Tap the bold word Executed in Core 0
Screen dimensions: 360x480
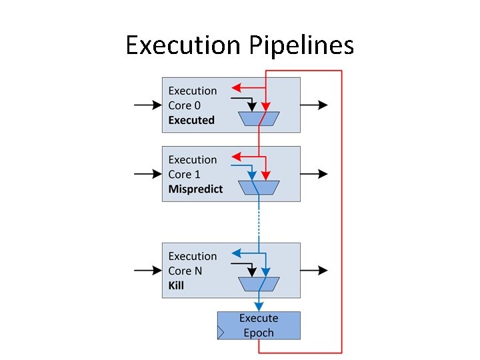(x=191, y=121)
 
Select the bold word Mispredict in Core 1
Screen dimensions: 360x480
(x=195, y=189)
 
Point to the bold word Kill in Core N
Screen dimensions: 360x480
(x=176, y=285)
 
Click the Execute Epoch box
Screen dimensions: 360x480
(x=259, y=325)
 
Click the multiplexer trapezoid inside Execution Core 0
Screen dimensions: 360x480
(x=259, y=119)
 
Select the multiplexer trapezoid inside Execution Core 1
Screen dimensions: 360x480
(x=259, y=188)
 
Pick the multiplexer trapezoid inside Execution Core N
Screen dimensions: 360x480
(x=259, y=284)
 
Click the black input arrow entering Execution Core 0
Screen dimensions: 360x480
(x=147, y=105)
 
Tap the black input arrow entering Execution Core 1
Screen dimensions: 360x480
(x=147, y=174)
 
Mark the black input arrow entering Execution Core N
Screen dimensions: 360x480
(x=147, y=270)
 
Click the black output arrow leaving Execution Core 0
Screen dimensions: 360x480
(x=314, y=105)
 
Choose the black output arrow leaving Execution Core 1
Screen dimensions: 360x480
(x=314, y=174)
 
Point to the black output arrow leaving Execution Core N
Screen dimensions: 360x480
(x=314, y=270)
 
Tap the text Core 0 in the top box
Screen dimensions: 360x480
(x=184, y=105)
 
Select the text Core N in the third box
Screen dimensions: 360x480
(x=185, y=271)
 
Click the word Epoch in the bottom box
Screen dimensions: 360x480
(x=259, y=333)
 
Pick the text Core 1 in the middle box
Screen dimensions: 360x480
(x=184, y=175)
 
